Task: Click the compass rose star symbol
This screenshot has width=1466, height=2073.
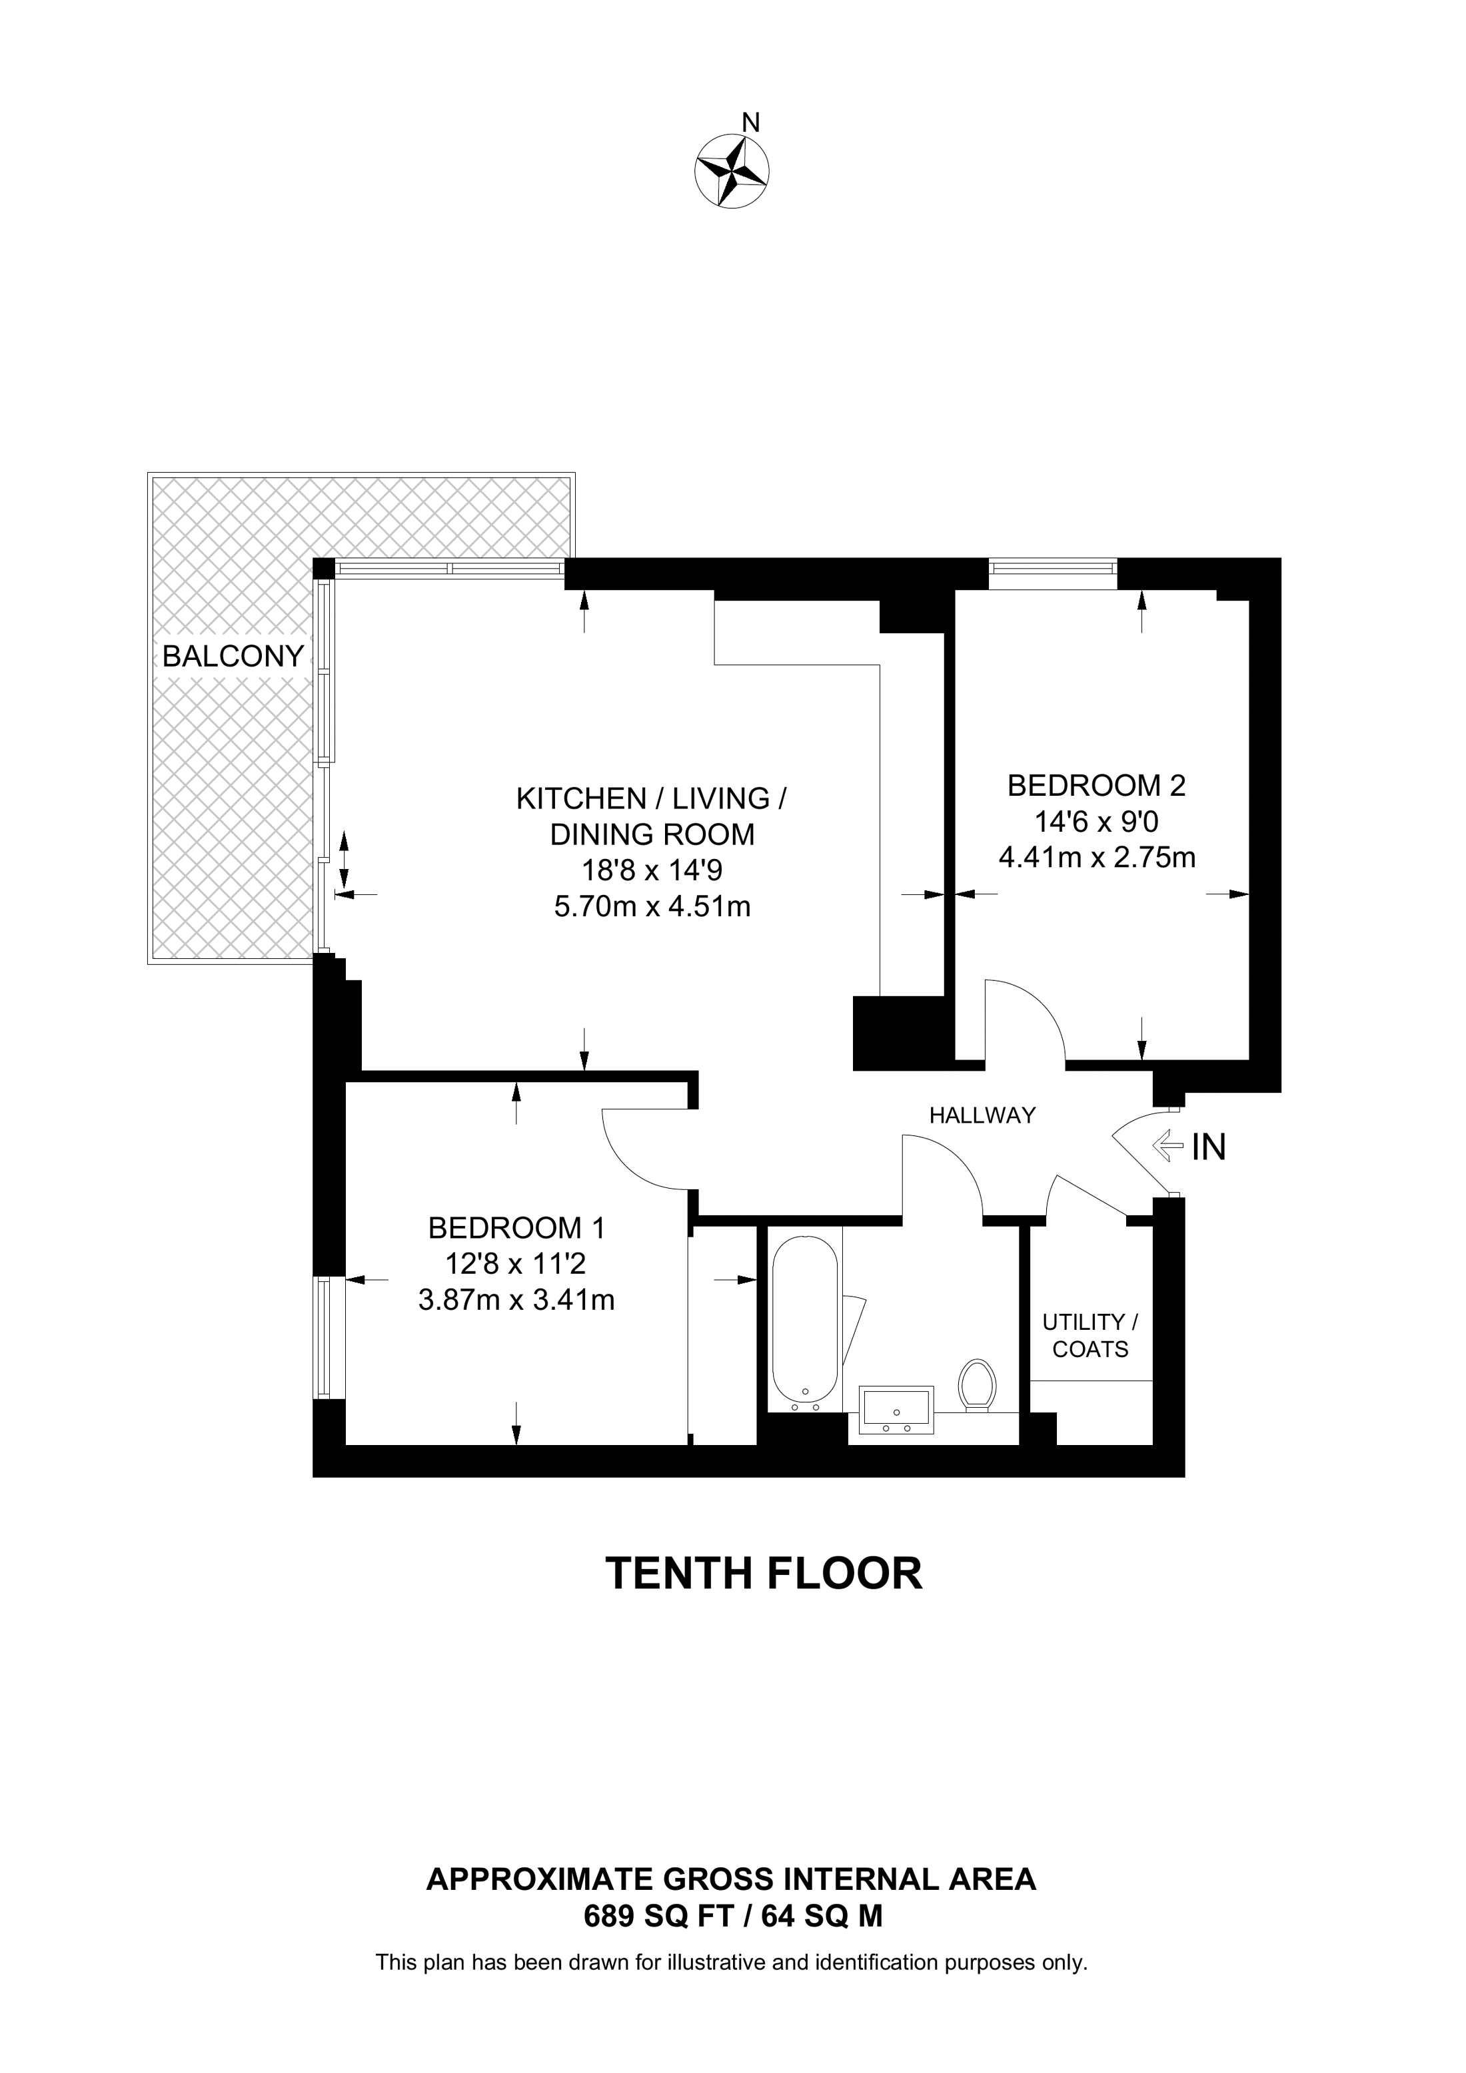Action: click(x=732, y=170)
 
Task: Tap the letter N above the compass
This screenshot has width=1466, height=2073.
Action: click(x=750, y=121)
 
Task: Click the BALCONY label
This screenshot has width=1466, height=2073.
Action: click(x=233, y=657)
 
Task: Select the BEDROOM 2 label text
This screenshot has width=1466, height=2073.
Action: click(x=1097, y=786)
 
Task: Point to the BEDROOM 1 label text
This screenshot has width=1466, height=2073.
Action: click(x=516, y=1228)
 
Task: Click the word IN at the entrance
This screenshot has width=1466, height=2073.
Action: click(x=1209, y=1147)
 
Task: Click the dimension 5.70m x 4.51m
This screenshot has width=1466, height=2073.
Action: click(x=652, y=906)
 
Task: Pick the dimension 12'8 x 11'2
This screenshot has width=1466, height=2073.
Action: click(x=516, y=1264)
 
